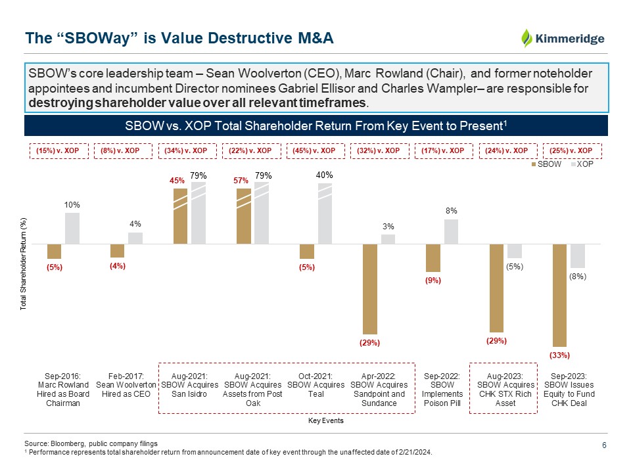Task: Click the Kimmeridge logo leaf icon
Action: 527,38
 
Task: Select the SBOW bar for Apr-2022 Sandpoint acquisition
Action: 370,289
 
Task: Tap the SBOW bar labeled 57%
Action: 243,216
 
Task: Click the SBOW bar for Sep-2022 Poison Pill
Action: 433,258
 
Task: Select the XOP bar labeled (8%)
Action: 578,256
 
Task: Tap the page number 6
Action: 603,446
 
